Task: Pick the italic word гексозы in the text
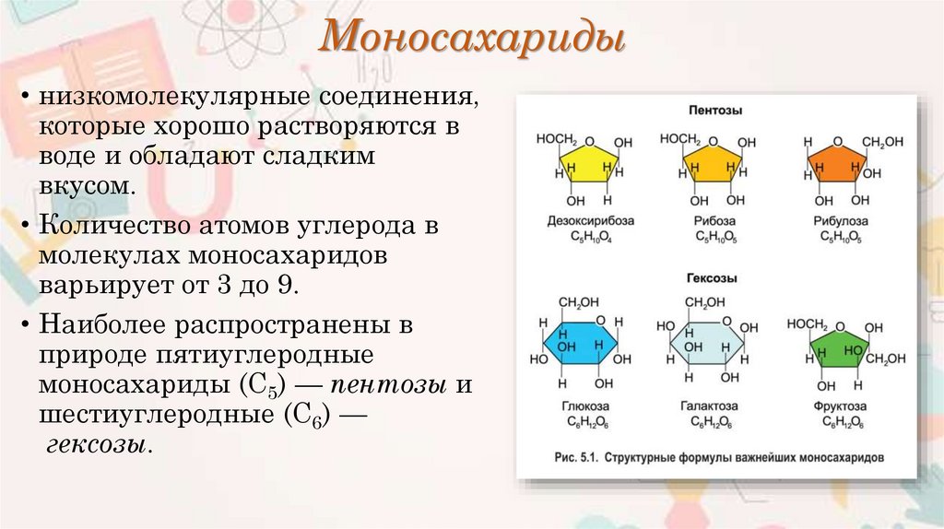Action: click(x=95, y=444)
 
